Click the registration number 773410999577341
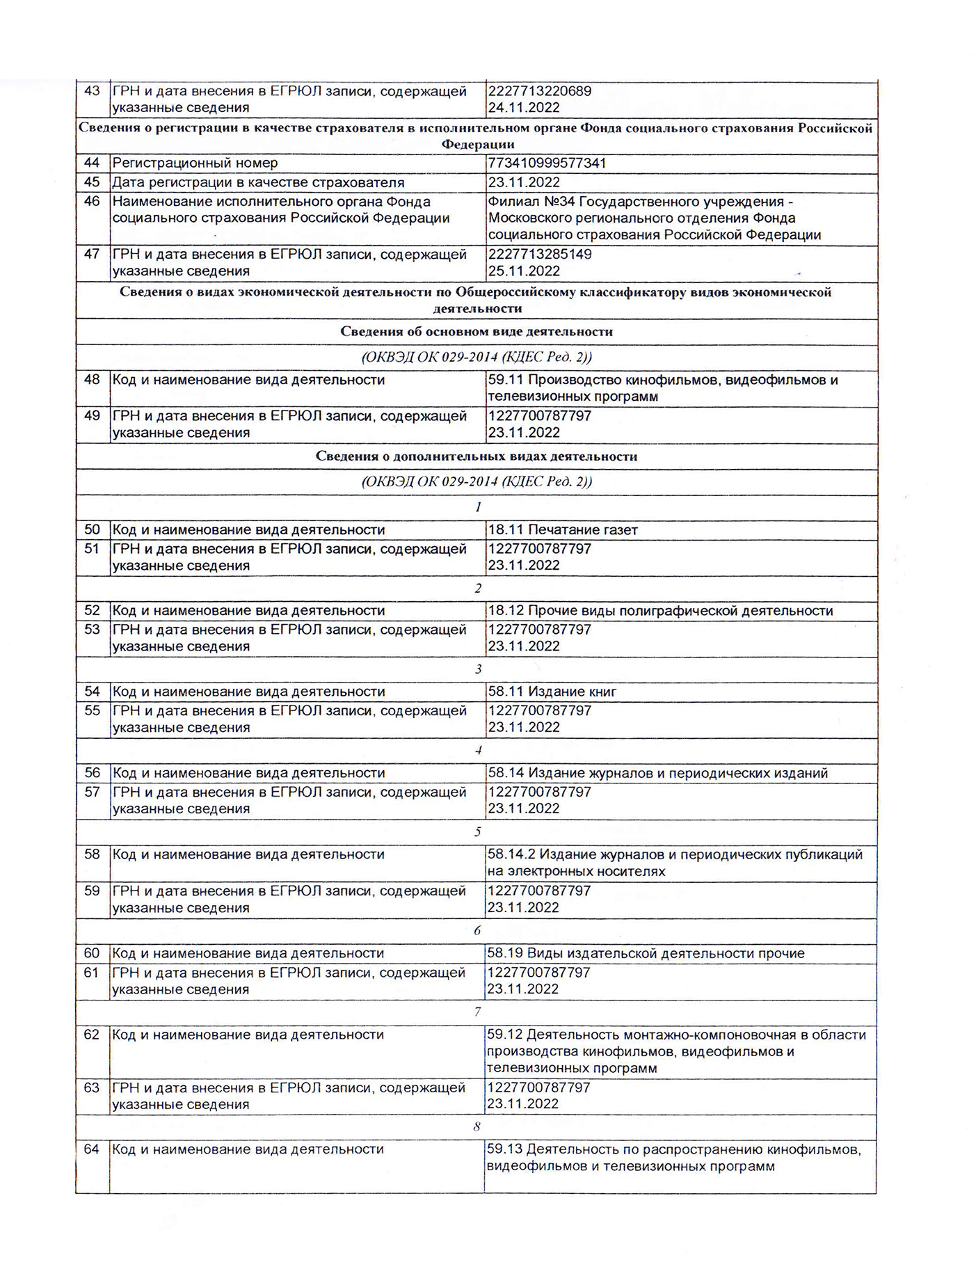(547, 164)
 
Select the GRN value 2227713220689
(539, 91)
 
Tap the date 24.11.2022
(524, 108)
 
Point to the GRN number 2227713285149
(539, 255)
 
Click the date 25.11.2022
(524, 271)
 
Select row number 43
(92, 91)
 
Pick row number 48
(92, 380)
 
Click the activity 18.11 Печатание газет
(562, 530)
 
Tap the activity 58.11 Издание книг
(552, 692)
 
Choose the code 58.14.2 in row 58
(511, 855)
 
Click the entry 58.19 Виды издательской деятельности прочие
(645, 954)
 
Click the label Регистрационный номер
(195, 164)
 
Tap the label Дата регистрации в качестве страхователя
(258, 183)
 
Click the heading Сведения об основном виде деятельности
(477, 332)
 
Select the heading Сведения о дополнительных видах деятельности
(477, 457)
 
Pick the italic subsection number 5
(478, 833)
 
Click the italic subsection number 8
(477, 1127)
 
